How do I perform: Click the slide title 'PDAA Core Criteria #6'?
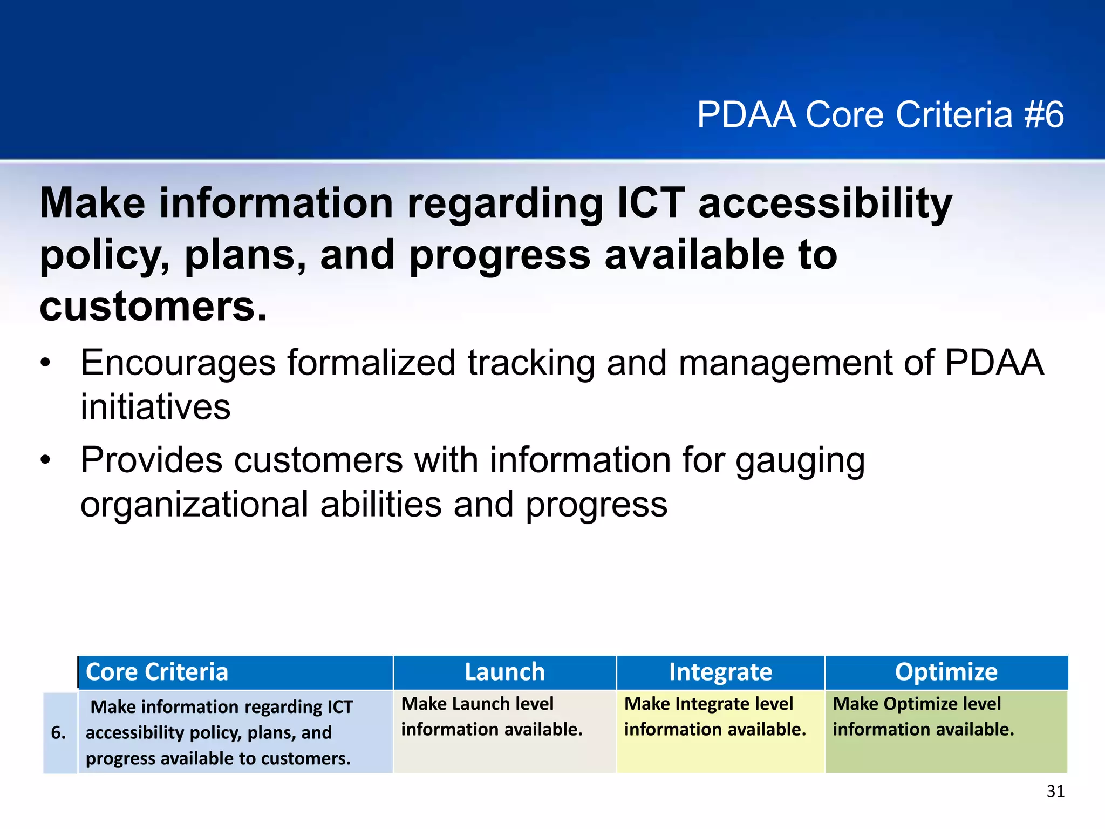[880, 114]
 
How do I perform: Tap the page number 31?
[1055, 791]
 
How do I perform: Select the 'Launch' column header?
[504, 672]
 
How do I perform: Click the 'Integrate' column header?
[720, 672]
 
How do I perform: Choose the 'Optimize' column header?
[946, 672]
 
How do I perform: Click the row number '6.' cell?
[58, 732]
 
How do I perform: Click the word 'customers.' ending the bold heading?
[153, 307]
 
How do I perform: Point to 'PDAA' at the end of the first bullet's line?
[994, 363]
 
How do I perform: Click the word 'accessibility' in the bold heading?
[826, 203]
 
